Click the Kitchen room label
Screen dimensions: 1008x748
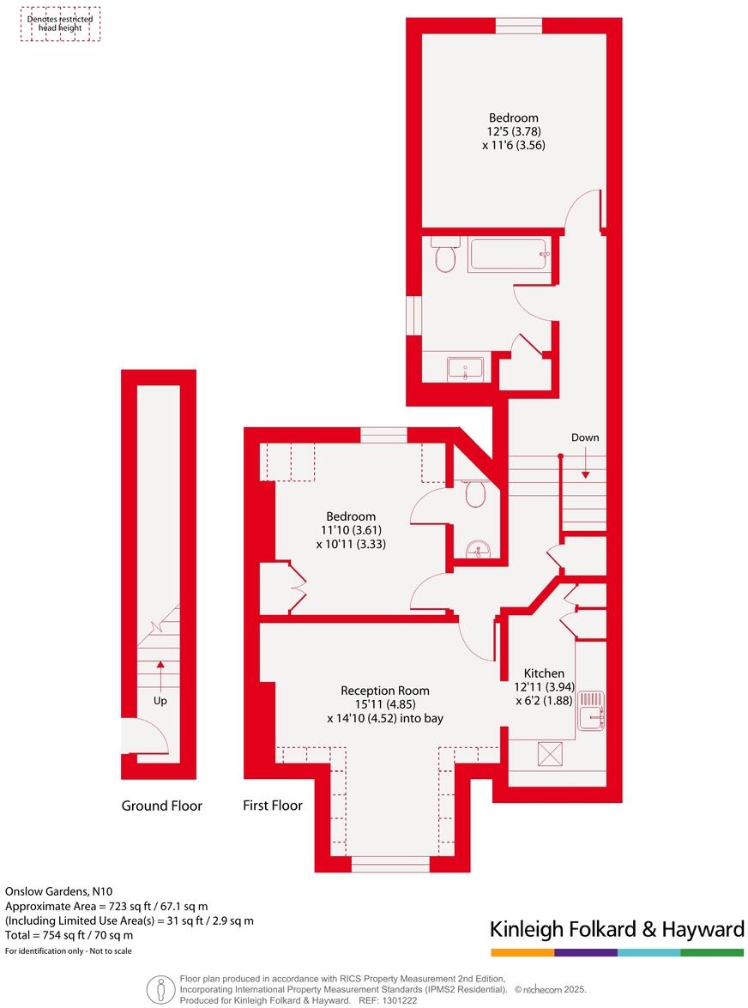544,673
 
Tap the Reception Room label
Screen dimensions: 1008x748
385,690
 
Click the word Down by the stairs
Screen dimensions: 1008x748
585,438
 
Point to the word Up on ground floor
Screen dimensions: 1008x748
160,701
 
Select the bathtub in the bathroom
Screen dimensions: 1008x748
508,255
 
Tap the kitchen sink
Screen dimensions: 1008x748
591,710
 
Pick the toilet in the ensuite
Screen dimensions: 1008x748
474,495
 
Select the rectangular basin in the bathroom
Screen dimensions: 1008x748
465,369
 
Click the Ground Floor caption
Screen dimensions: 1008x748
161,806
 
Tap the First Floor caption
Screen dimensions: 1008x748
273,806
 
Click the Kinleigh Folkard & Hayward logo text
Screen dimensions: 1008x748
616,928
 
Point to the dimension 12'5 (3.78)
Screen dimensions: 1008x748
514,131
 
